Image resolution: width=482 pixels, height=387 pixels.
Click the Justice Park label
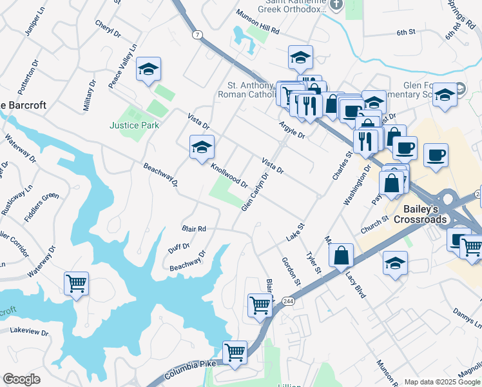click(x=134, y=125)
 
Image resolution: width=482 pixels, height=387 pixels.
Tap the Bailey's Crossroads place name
click(x=425, y=214)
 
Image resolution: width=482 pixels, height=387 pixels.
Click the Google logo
click(x=21, y=379)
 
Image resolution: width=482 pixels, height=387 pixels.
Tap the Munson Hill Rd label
click(x=258, y=30)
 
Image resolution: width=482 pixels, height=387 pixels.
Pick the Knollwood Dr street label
click(x=229, y=175)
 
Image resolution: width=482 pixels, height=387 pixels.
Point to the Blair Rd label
click(x=193, y=229)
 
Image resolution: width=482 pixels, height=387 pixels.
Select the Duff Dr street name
click(x=178, y=246)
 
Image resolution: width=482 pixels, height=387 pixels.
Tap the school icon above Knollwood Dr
click(x=201, y=147)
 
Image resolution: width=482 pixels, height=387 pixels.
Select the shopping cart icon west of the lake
click(x=76, y=283)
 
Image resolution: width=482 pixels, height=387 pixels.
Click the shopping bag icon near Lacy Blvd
click(x=342, y=255)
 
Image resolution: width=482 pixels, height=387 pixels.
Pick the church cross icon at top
click(x=335, y=5)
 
